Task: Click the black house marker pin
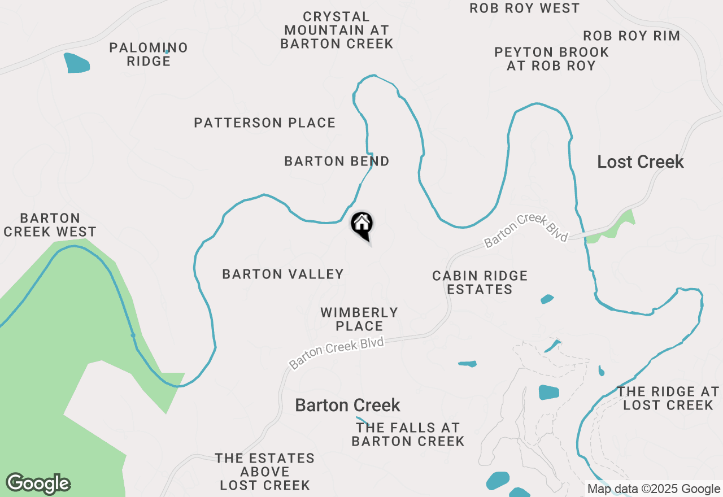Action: pos(362,225)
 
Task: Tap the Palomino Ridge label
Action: pos(149,54)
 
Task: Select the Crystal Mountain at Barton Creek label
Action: pos(337,30)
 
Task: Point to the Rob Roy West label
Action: pos(525,8)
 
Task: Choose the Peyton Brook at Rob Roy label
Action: pos(551,59)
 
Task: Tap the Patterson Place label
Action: pos(264,123)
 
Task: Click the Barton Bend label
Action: pos(337,162)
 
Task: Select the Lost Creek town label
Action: pos(641,162)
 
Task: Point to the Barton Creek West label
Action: pos(50,225)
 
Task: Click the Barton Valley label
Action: pos(283,274)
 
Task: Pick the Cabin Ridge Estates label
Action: pos(480,282)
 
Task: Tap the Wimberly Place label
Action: pos(359,319)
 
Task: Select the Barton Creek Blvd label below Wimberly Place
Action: pos(337,353)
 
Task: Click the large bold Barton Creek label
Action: pos(347,405)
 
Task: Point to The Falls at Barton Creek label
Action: pos(408,434)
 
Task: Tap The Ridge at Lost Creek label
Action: pos(668,398)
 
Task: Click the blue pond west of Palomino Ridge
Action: pos(77,63)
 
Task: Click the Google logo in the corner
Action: pos(38,483)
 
